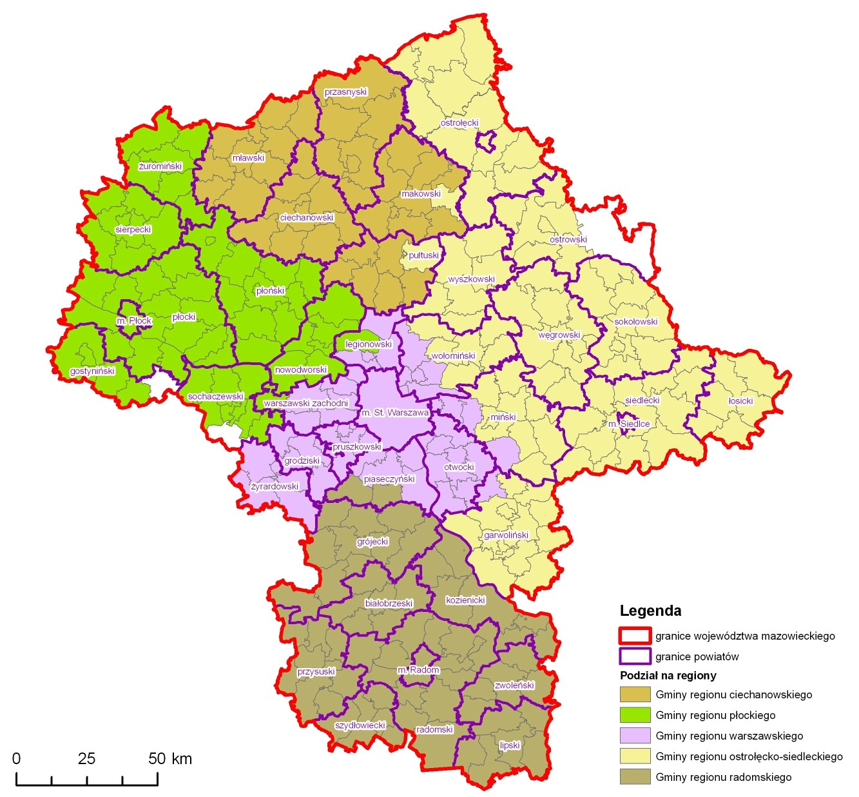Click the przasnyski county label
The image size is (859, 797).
(345, 92)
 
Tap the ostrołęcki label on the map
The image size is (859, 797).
(459, 123)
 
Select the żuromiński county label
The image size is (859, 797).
(160, 166)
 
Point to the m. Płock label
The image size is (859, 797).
(134, 321)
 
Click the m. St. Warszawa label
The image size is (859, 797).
(395, 413)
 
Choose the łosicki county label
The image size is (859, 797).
(740, 401)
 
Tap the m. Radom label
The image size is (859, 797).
(418, 670)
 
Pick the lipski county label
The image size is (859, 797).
(510, 745)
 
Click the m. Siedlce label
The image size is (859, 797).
(629, 424)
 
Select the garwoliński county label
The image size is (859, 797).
(506, 535)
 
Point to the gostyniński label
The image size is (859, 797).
(92, 371)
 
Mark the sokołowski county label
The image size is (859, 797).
(635, 322)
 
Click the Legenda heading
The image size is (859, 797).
(650, 611)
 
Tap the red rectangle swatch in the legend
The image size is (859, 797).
(635, 636)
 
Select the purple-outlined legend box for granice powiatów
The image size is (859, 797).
(635, 656)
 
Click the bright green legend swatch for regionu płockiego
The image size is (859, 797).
(635, 714)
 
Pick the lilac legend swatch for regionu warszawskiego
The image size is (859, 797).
(635, 735)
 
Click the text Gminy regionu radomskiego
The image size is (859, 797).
(723, 777)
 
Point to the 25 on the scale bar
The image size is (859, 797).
(86, 759)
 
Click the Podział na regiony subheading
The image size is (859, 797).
(668, 676)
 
